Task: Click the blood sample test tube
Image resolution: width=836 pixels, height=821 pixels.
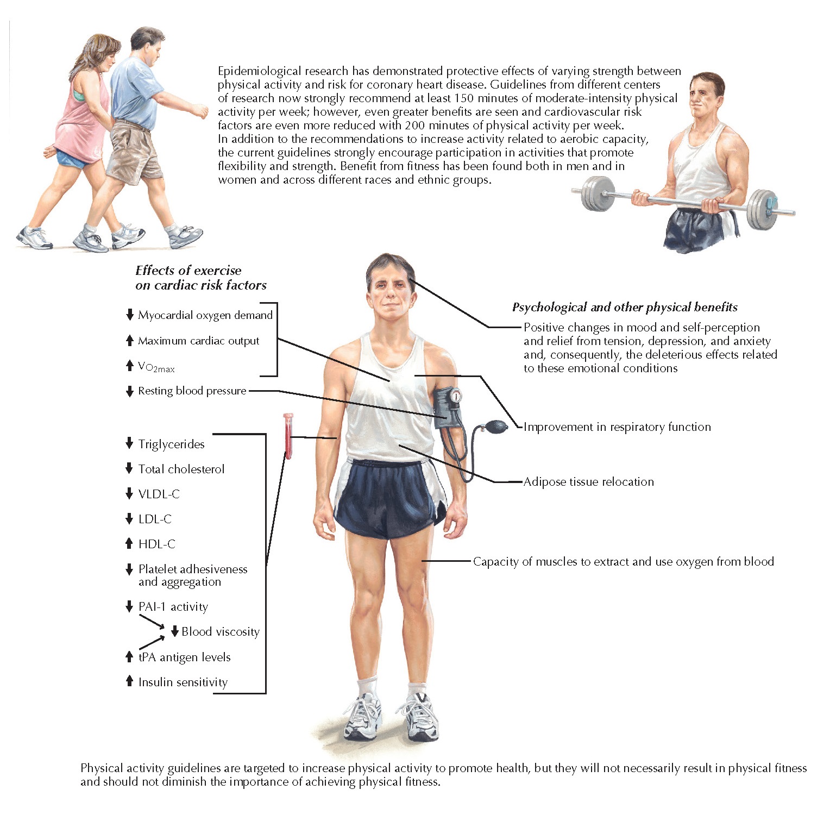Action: (x=288, y=436)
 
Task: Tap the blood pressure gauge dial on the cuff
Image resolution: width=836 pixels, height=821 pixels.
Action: (x=455, y=396)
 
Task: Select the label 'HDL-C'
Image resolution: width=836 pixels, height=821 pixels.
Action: (x=156, y=544)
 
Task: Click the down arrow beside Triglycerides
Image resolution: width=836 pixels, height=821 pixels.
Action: (x=129, y=443)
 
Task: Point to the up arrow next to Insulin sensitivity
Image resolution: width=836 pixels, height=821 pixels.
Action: (x=129, y=681)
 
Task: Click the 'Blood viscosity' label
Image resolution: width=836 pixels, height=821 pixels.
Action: (x=220, y=631)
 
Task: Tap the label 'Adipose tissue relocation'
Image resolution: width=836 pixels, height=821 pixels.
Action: (x=588, y=481)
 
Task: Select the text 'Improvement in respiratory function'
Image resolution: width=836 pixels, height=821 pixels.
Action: (x=617, y=427)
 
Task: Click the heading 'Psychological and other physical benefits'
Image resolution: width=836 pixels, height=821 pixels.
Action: (x=625, y=308)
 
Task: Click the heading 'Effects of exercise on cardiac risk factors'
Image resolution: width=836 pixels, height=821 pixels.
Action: (x=200, y=278)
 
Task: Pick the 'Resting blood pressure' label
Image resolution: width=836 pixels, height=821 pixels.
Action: (x=192, y=391)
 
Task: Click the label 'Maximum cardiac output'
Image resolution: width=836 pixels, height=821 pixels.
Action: (x=198, y=341)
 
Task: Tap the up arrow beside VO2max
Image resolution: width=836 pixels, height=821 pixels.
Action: (x=129, y=366)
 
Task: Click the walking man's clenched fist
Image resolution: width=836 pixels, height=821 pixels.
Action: (x=202, y=112)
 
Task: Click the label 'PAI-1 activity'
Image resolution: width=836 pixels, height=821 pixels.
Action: (x=173, y=606)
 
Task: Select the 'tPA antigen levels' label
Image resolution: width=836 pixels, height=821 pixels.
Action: (x=184, y=657)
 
